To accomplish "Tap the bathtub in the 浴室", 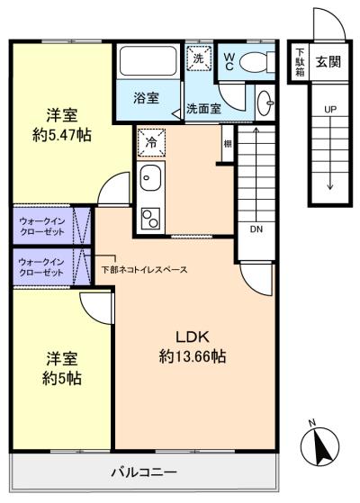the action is point(148,61).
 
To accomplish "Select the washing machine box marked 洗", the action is point(199,58).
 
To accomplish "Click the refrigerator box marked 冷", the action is point(151,142).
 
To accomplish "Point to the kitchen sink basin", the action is point(150,177).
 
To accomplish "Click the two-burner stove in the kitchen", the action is point(150,218).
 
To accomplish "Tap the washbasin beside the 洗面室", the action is point(265,103).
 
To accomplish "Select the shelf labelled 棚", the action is point(228,144).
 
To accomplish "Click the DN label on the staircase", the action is point(256,229).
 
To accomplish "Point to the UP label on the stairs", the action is point(330,110).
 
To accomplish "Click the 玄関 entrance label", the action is point(328,61).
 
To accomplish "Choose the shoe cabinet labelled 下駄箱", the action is point(300,61).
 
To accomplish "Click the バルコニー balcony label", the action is point(144,472).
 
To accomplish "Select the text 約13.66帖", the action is point(193,356).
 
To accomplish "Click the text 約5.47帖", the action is point(62,135).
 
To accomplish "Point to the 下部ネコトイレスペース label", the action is point(144,269).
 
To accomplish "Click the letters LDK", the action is point(193,337).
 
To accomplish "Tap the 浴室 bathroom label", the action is point(147,98).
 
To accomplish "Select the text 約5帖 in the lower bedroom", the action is point(62,379).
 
